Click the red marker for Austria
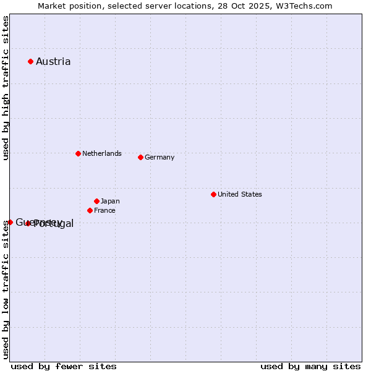[30, 61]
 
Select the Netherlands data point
[78, 153]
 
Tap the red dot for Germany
[140, 157]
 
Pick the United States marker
[213, 194]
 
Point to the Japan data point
[96, 201]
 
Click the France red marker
[90, 210]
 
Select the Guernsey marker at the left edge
[10, 222]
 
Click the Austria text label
[53, 61]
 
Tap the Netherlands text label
[102, 153]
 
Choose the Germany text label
[160, 157]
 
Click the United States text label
[240, 194]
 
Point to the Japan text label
[110, 201]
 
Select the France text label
[104, 210]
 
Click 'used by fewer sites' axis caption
[64, 366]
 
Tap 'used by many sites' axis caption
[310, 366]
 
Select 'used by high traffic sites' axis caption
[6, 88]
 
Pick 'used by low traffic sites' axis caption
[6, 289]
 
